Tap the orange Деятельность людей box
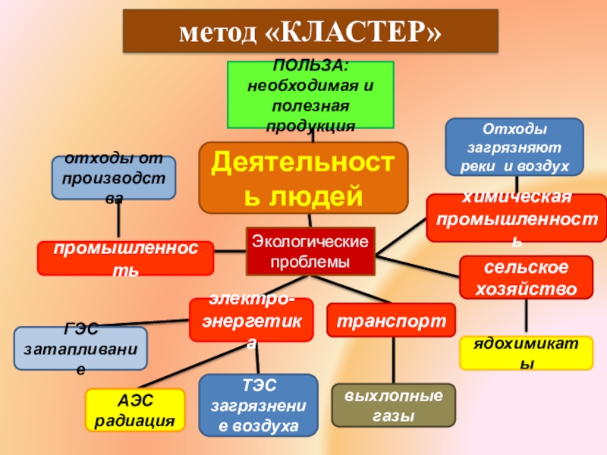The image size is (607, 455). click(303, 177)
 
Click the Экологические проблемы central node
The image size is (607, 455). click(310, 251)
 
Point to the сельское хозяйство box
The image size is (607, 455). click(526, 278)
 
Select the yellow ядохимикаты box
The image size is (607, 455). click(525, 353)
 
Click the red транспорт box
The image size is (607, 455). click(392, 319)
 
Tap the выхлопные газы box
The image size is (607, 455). click(394, 406)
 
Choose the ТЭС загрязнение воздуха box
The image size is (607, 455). click(258, 406)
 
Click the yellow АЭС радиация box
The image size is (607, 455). click(135, 409)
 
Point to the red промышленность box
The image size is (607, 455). click(125, 258)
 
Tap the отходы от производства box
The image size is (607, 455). click(114, 178)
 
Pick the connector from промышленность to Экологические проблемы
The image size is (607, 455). click(230, 251)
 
